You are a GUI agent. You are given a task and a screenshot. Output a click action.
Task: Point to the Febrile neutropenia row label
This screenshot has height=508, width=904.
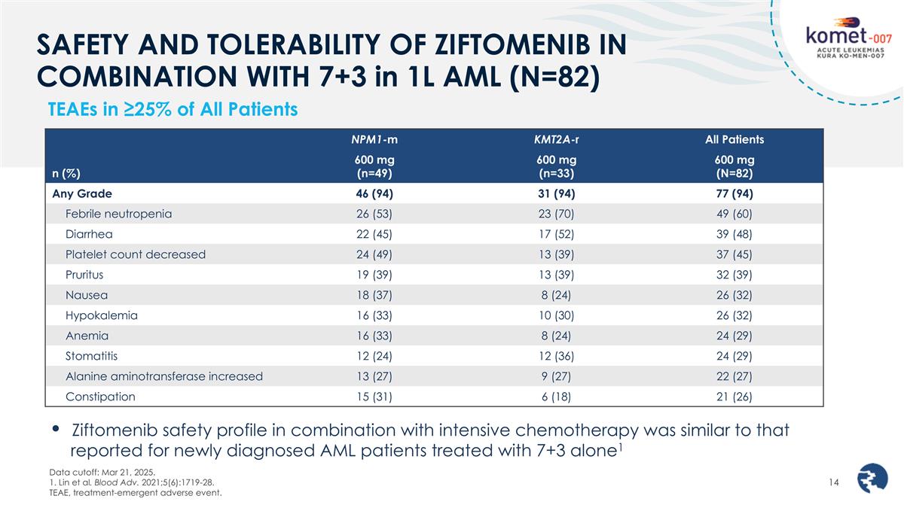click(x=118, y=213)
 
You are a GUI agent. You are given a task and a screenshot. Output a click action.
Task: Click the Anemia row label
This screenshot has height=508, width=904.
click(x=87, y=336)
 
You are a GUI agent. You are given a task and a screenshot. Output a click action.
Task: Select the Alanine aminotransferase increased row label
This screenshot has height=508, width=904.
click(x=163, y=376)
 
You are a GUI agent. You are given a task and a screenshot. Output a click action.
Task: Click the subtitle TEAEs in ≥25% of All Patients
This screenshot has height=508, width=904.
click(x=173, y=110)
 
